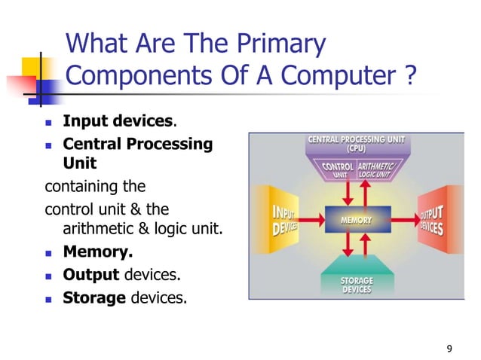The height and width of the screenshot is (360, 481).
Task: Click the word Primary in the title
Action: coord(277,44)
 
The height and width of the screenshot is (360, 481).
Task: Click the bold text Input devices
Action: coord(119,121)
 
